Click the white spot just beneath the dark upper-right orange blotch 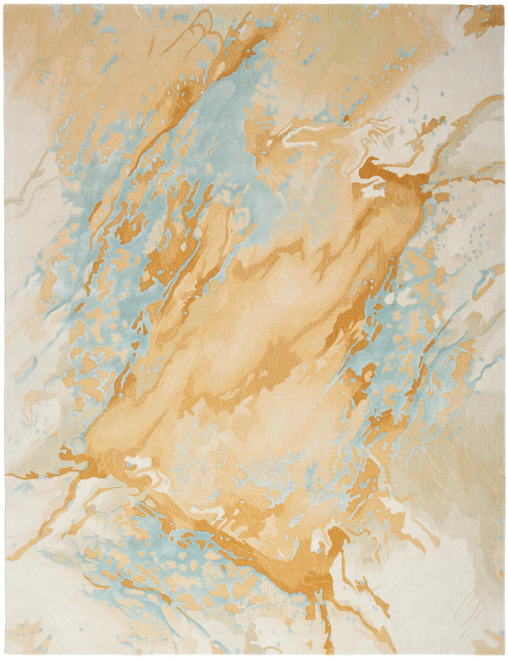tap(373, 191)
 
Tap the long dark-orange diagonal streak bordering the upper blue tap(169, 127)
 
